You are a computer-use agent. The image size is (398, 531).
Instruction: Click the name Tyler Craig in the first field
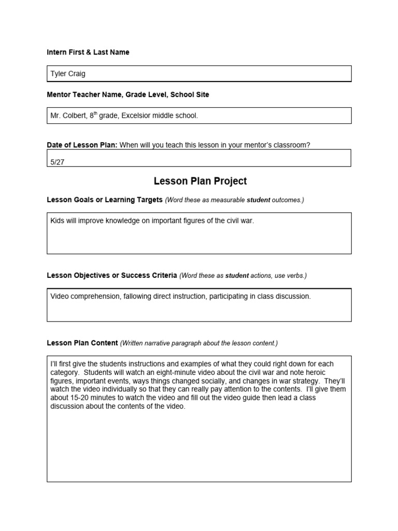click(68, 74)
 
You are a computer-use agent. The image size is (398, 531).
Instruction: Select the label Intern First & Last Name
click(88, 52)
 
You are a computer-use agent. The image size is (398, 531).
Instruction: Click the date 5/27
click(58, 162)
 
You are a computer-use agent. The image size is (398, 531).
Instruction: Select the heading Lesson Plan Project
click(200, 181)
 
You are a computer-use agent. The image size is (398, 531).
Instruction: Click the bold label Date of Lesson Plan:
click(82, 145)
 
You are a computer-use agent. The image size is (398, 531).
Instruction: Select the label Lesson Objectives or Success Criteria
click(112, 275)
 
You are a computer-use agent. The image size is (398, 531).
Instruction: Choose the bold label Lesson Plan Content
click(82, 343)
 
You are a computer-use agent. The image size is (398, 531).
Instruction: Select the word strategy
click(304, 381)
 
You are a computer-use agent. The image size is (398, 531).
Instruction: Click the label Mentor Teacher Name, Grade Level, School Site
click(128, 95)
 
